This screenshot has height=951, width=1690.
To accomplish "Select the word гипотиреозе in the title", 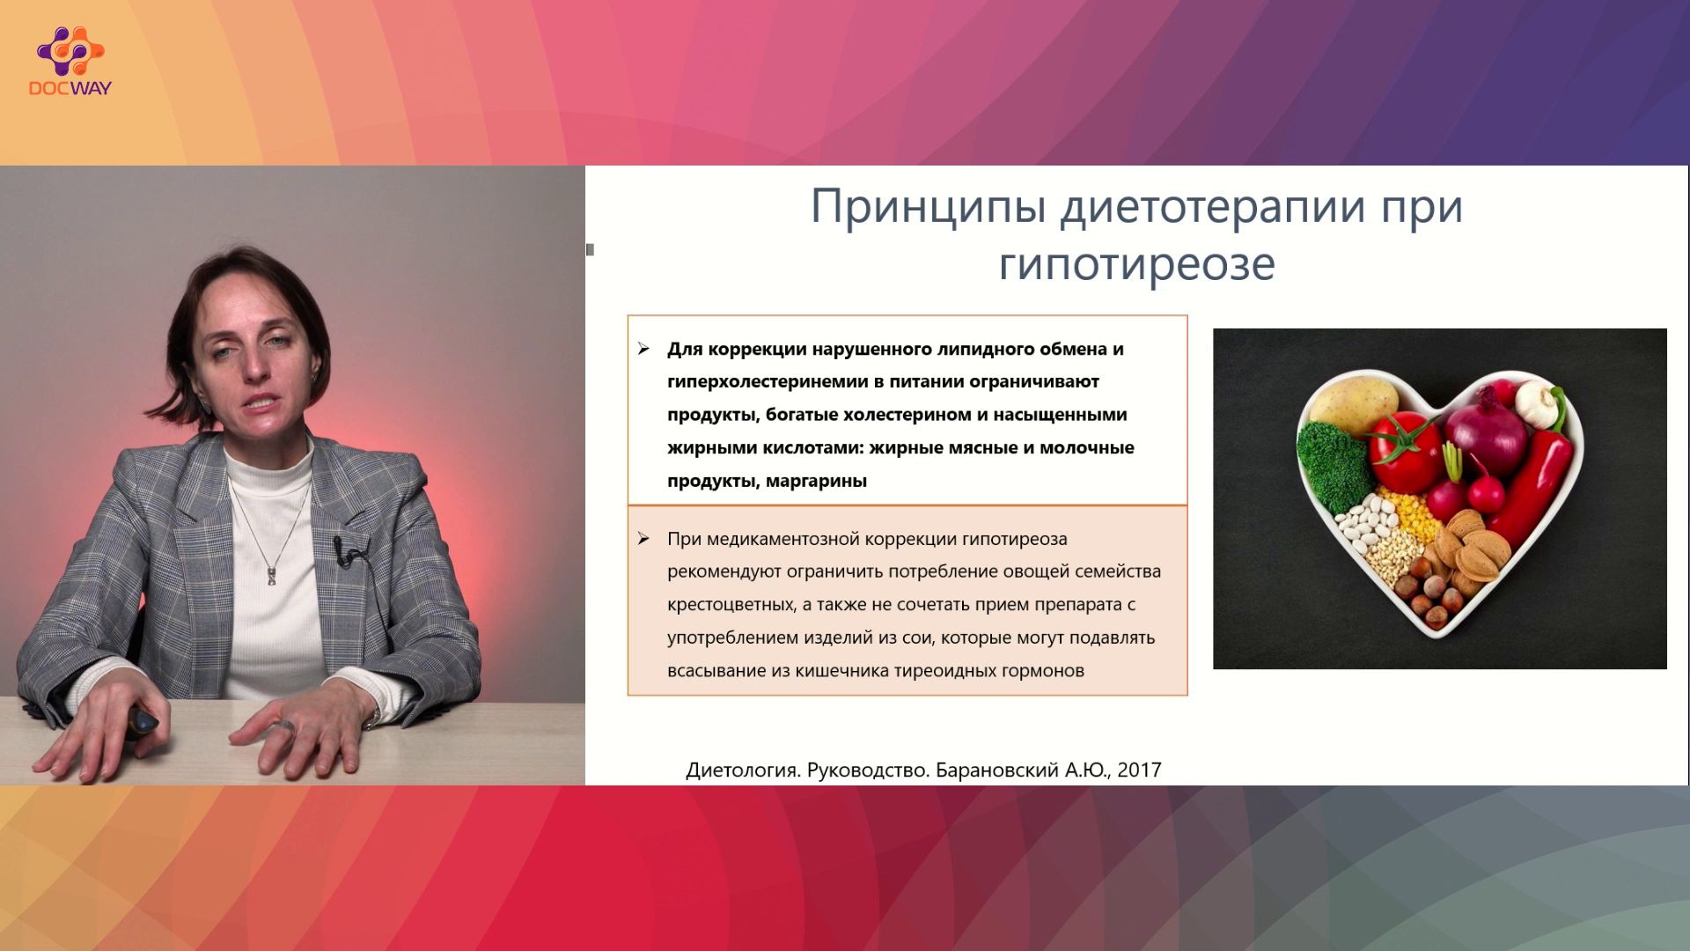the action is (1136, 263).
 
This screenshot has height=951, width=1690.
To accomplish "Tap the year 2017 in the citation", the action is (1139, 770).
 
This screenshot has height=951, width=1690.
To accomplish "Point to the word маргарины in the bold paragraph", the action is (816, 481).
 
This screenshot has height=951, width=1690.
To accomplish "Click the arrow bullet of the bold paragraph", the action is (643, 350).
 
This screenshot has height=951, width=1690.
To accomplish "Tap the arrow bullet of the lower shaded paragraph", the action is (643, 539).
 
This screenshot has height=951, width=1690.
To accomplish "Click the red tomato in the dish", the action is (1406, 450).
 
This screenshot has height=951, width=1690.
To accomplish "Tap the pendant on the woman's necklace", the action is (274, 575).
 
